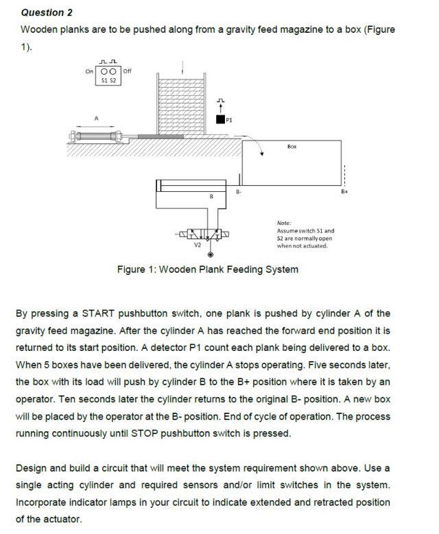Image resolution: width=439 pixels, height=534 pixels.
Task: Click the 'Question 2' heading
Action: [47, 12]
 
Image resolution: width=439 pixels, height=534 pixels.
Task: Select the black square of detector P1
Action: [220, 119]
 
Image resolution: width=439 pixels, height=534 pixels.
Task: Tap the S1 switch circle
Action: [104, 71]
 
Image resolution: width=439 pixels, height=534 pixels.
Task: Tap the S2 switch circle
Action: [114, 71]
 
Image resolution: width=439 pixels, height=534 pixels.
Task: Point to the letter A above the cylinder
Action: [97, 118]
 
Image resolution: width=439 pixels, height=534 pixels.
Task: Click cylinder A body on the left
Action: [96, 136]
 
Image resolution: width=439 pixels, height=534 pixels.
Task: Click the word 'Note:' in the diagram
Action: [285, 222]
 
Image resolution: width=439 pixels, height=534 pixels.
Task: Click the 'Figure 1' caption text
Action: [207, 269]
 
